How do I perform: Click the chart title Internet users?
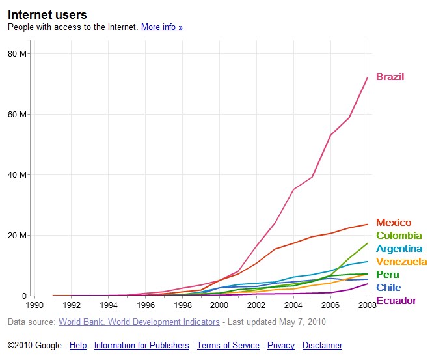(47, 14)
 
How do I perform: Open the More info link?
(162, 27)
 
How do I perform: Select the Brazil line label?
(390, 77)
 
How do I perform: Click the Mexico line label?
(394, 223)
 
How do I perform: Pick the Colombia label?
(399, 236)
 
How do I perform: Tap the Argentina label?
(399, 249)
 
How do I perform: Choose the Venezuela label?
(401, 262)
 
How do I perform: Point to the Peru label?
(388, 275)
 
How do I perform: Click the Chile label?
(388, 288)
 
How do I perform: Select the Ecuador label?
(396, 301)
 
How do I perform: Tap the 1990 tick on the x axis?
(34, 304)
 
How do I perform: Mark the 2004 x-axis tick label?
(293, 304)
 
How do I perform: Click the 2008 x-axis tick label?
(367, 304)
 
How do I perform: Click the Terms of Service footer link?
(228, 346)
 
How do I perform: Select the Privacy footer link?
(281, 346)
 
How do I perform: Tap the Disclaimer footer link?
(322, 346)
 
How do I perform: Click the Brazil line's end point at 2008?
(368, 77)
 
